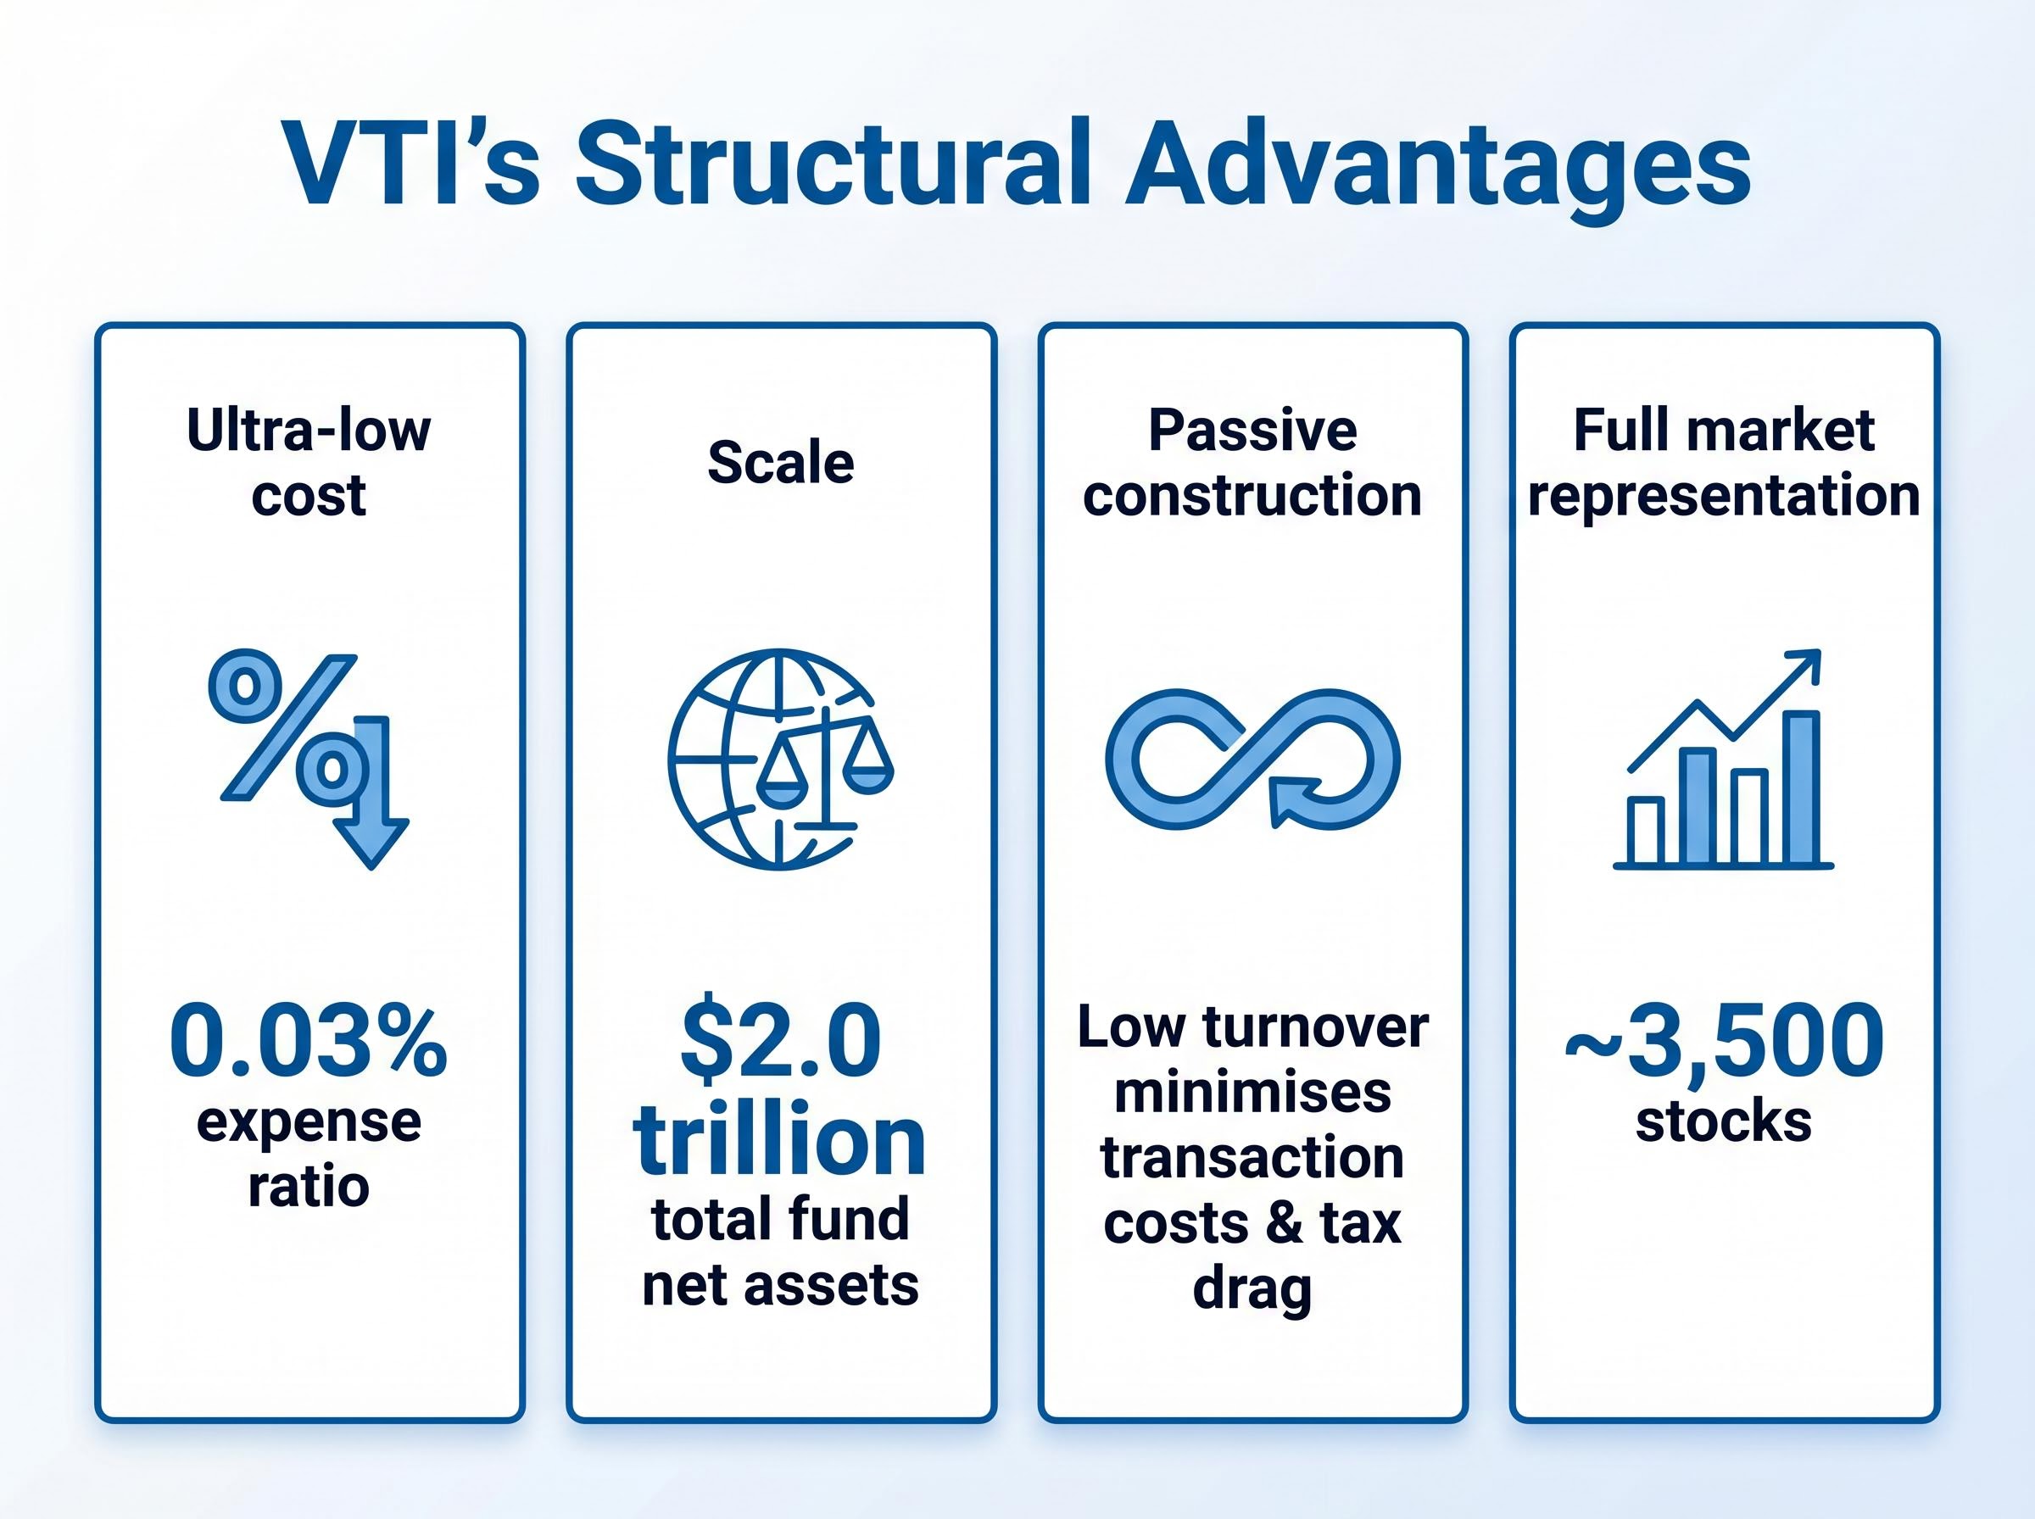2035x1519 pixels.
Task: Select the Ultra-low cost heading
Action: (x=309, y=463)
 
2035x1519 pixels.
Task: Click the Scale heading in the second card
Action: (x=781, y=463)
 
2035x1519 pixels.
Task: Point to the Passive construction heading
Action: (x=1252, y=463)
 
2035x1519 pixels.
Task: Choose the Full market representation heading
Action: (x=1723, y=463)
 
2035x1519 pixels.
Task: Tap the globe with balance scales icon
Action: (x=780, y=759)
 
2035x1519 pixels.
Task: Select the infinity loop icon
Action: (x=1252, y=759)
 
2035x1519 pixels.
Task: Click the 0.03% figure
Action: (x=309, y=1042)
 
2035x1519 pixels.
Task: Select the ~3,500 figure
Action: (x=1723, y=1042)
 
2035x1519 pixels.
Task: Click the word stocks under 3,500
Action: (x=1723, y=1121)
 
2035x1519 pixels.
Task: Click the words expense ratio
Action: (x=309, y=1154)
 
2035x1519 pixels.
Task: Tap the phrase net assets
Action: (x=781, y=1284)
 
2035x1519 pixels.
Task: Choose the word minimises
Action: (x=1252, y=1093)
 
